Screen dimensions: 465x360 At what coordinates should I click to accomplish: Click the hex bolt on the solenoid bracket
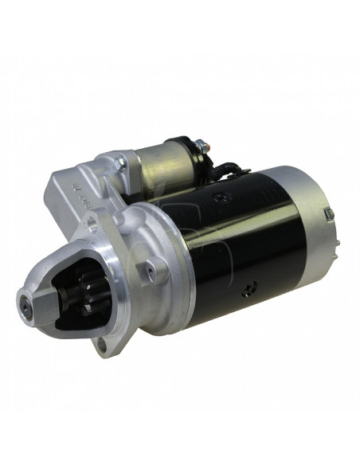120,163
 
